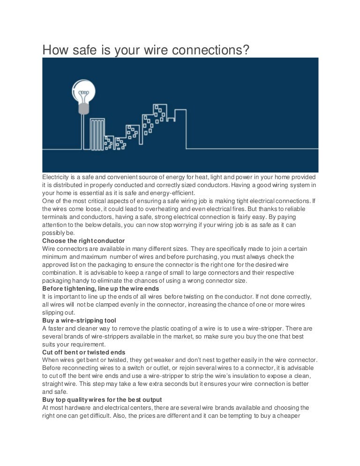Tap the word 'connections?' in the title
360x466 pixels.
[205, 49]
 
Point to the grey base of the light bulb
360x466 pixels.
[83, 109]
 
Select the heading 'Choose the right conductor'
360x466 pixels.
[83, 241]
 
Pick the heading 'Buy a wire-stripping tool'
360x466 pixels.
[79, 321]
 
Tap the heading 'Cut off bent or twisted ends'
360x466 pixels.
[83, 353]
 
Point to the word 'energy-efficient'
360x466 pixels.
[173, 193]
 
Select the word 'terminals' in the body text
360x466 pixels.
[56, 217]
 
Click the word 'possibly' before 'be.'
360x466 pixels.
[54, 233]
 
